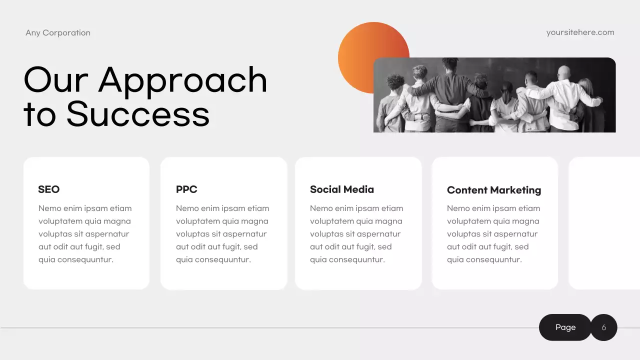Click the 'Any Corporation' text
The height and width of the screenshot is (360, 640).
58,33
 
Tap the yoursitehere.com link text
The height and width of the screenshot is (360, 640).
580,32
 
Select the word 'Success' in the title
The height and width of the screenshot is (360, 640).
138,114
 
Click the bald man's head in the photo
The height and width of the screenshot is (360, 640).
564,72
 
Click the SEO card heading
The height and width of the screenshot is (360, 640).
48,189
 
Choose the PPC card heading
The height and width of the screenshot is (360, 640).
186,189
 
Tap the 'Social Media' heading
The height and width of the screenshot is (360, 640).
341,189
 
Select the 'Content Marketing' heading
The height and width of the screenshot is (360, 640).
493,190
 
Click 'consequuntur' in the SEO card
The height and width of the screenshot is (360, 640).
85,259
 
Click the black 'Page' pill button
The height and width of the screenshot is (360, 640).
565,327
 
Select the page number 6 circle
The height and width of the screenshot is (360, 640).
604,327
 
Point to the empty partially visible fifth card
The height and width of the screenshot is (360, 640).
605,223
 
